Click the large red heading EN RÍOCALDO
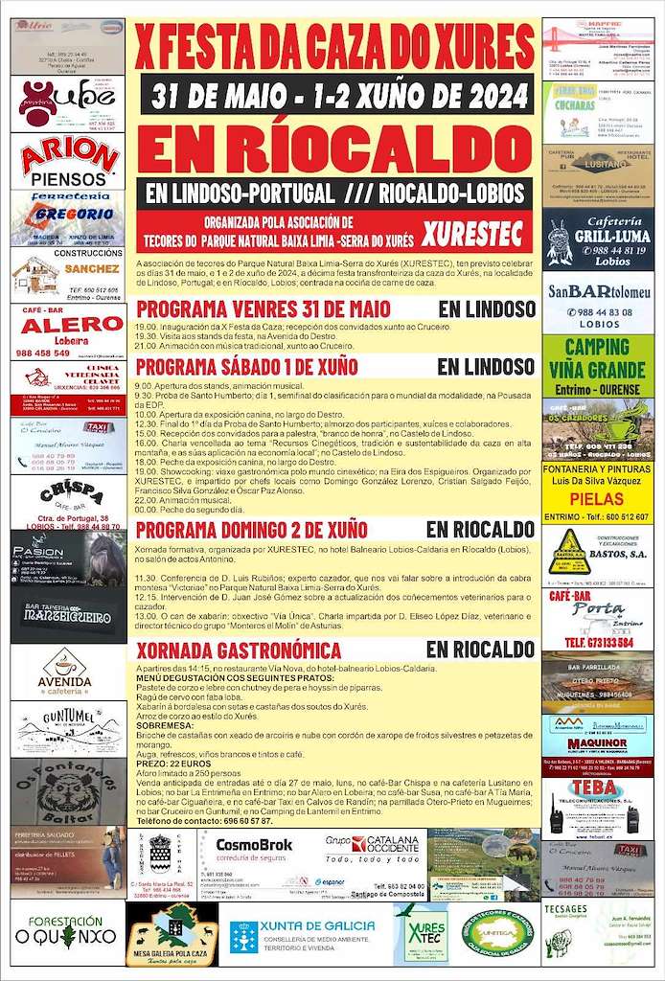(x=334, y=148)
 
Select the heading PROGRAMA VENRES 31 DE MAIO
(x=264, y=309)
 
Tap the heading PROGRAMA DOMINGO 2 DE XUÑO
(x=252, y=530)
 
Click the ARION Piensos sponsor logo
(x=68, y=160)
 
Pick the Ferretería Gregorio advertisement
(x=68, y=217)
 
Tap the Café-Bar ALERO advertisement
(x=68, y=331)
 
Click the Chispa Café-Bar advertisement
(x=68, y=502)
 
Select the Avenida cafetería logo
(x=66, y=671)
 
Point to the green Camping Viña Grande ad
(x=598, y=365)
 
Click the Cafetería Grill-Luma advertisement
(x=598, y=239)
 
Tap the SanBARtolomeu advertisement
(x=598, y=301)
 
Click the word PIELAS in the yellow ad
(x=597, y=499)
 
